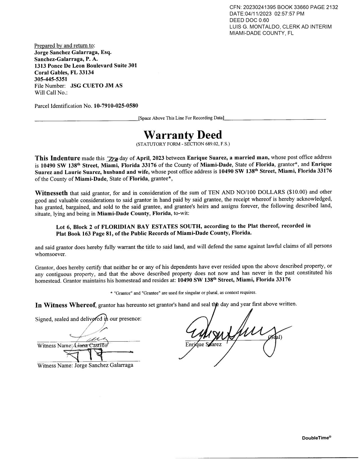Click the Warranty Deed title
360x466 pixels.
(x=183, y=135)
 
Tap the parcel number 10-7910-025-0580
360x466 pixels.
(x=116, y=106)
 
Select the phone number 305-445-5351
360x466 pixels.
(x=51, y=79)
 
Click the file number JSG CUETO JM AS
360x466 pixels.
(x=96, y=86)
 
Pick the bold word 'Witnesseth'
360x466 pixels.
(x=51, y=193)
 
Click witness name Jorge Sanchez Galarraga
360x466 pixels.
(x=104, y=365)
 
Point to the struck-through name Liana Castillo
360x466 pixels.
(x=91, y=345)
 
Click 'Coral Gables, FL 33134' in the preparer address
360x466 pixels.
(x=64, y=73)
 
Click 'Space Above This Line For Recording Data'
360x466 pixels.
(x=181, y=118)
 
